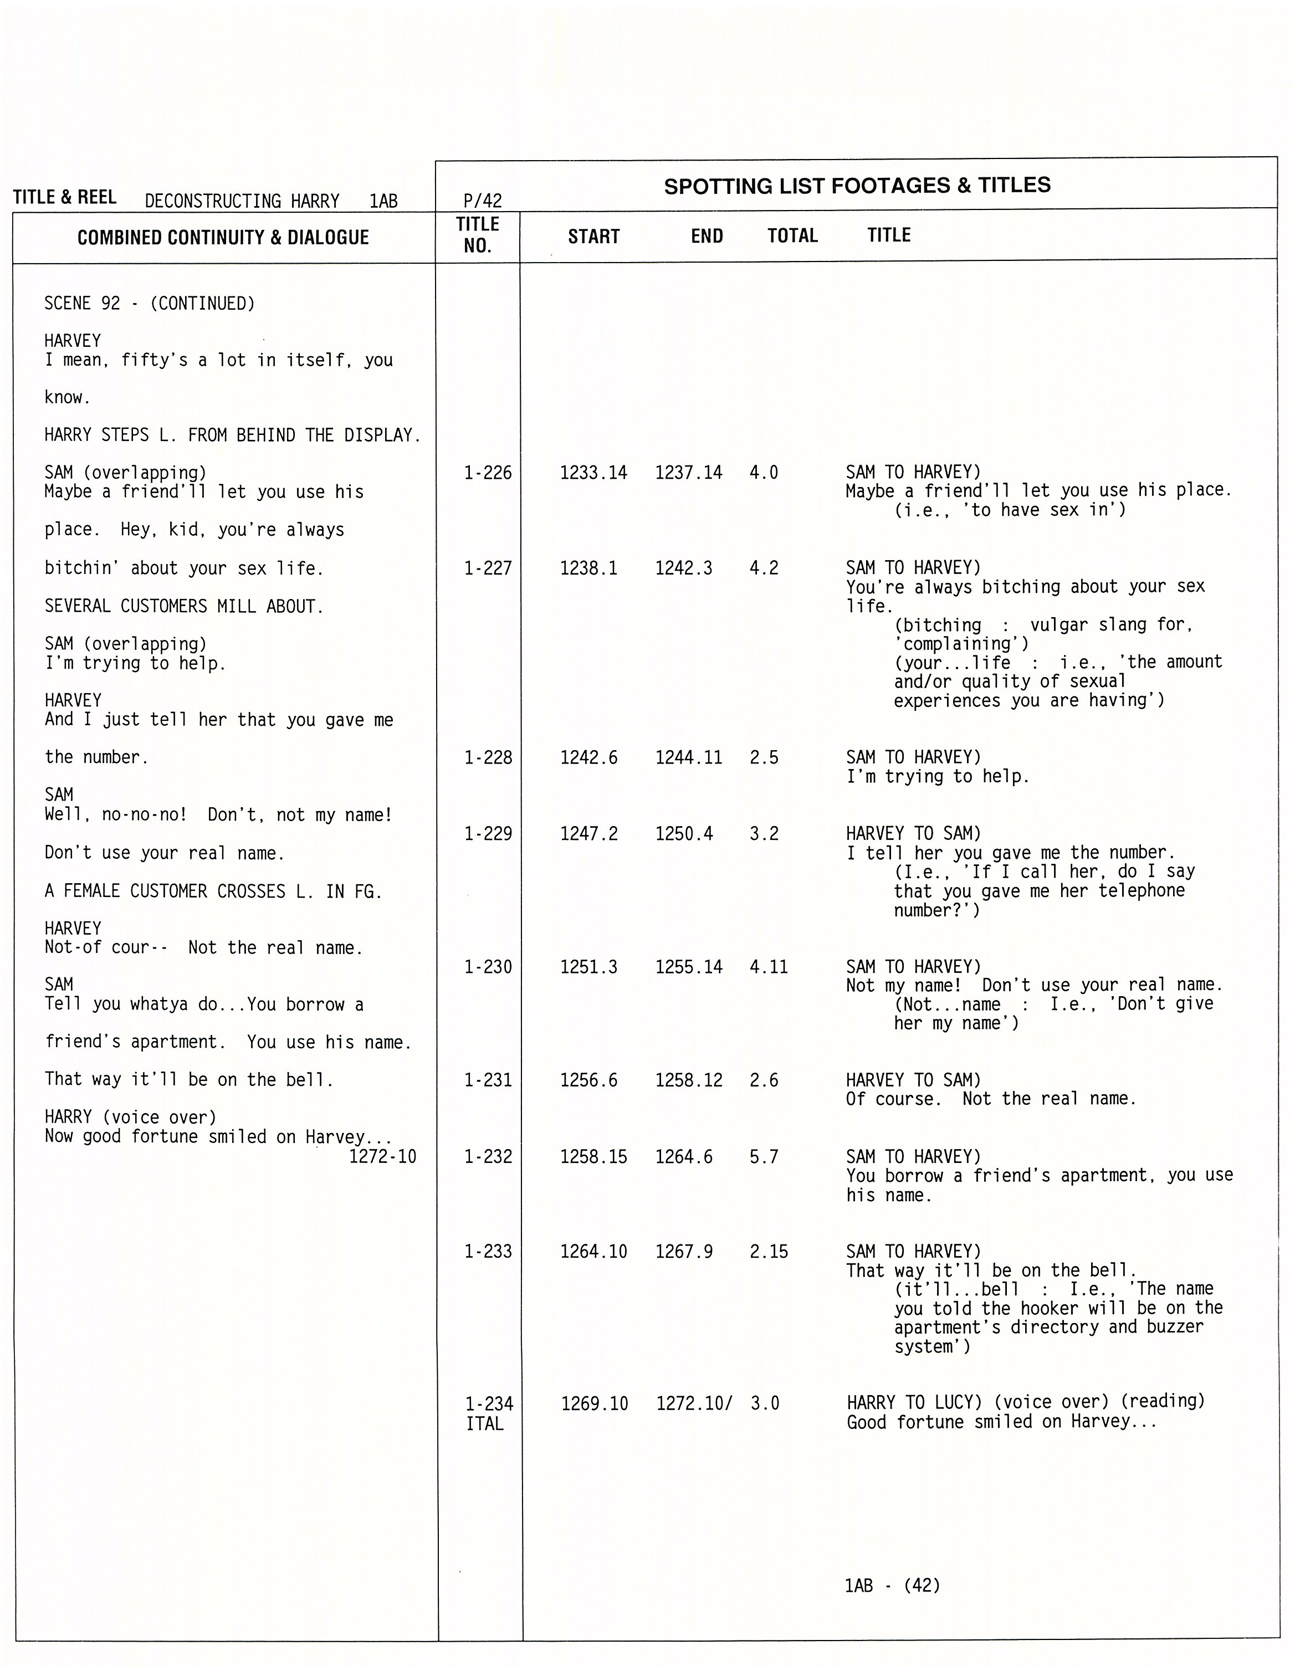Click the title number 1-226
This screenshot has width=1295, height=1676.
pos(488,473)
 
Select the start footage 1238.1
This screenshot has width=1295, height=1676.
pos(588,568)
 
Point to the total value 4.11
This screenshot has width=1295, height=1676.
pos(769,967)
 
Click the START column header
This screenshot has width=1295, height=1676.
pos(593,237)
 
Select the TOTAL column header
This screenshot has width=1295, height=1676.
pos(792,235)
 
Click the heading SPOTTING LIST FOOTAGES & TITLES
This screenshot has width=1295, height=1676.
pos(857,186)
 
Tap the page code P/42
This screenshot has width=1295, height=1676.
pos(482,201)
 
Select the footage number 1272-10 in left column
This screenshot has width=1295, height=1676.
pos(382,1156)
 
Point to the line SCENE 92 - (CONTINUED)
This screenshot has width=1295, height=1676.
pos(149,304)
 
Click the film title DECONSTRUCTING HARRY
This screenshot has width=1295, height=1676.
pos(242,201)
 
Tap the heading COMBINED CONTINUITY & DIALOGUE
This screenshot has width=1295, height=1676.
pos(223,237)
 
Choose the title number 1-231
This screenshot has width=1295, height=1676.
pos(488,1080)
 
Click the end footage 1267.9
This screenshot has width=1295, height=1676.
pos(683,1252)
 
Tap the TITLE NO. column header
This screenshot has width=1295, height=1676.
pos(478,235)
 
